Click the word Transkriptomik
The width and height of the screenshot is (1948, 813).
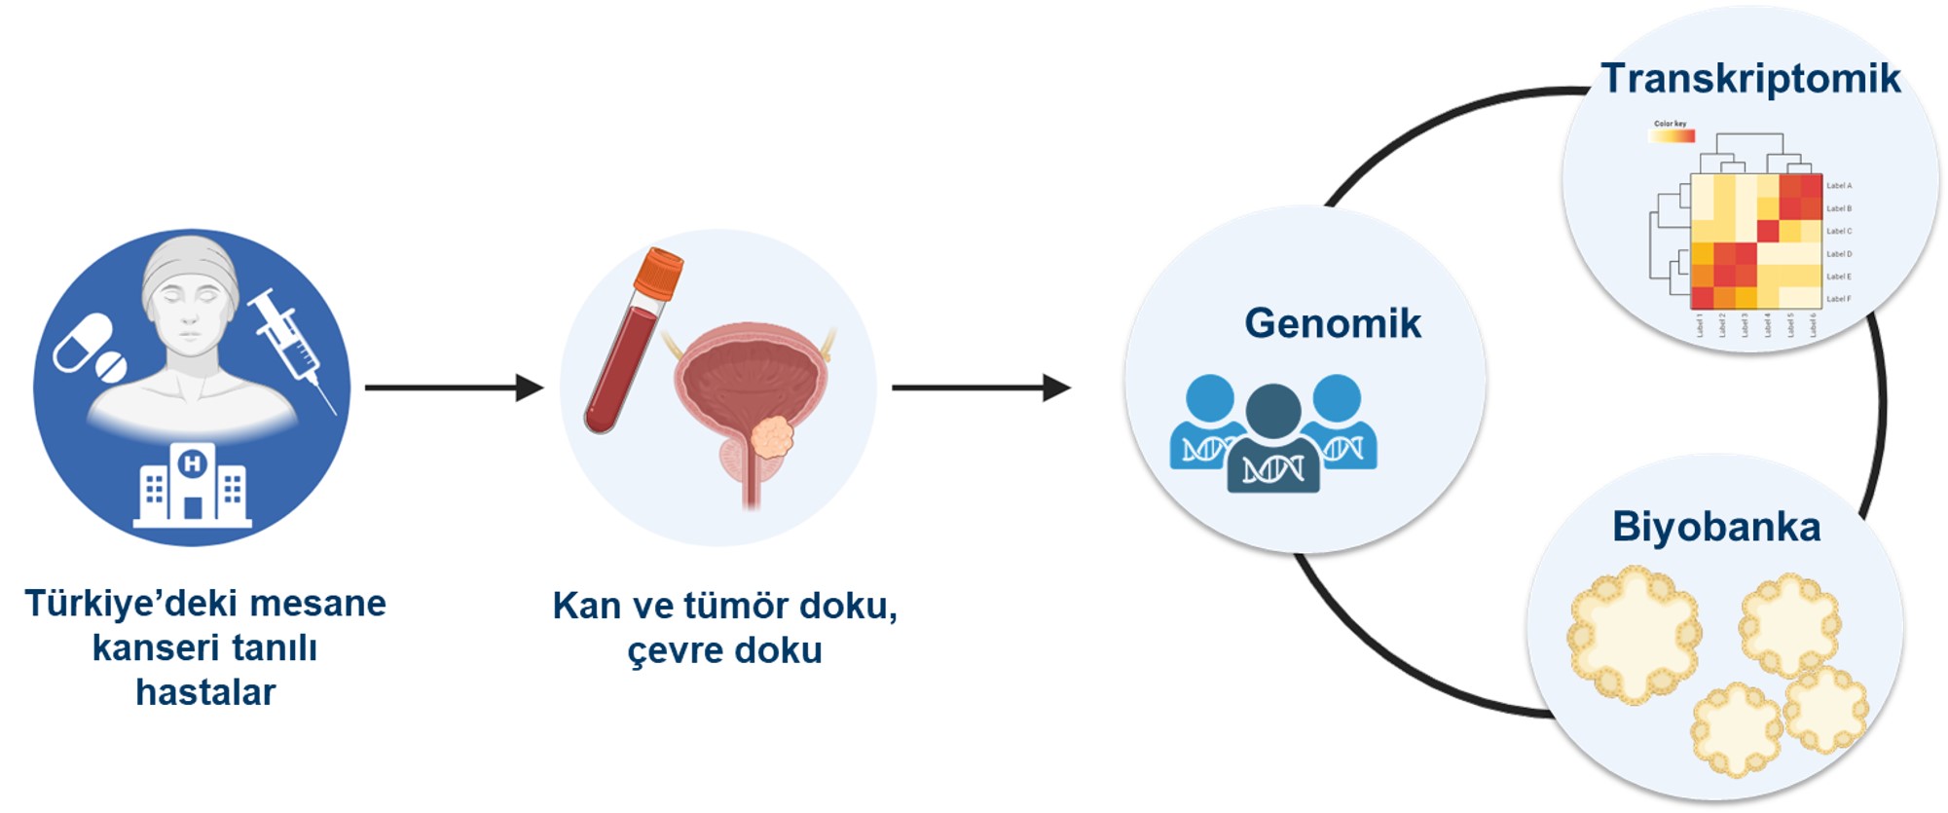[1749, 79]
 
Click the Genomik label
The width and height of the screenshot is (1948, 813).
[1332, 323]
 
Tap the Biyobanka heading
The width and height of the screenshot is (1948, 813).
[1715, 527]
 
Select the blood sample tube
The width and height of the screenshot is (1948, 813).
[629, 351]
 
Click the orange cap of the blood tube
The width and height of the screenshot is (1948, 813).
[658, 273]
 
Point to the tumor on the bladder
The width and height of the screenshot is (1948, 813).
[772, 436]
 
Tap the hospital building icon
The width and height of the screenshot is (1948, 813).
[193, 486]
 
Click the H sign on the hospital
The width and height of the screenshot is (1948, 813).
[193, 462]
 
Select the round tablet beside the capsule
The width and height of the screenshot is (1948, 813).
[110, 367]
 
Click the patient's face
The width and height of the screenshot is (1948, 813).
[190, 312]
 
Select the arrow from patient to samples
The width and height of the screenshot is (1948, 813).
[453, 388]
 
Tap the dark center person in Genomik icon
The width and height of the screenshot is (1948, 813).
[1272, 438]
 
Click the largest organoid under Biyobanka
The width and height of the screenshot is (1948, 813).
[1633, 634]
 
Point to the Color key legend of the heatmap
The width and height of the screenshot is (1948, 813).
[1671, 132]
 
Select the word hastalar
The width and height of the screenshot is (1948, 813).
[205, 692]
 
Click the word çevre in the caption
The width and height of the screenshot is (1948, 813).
[673, 650]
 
